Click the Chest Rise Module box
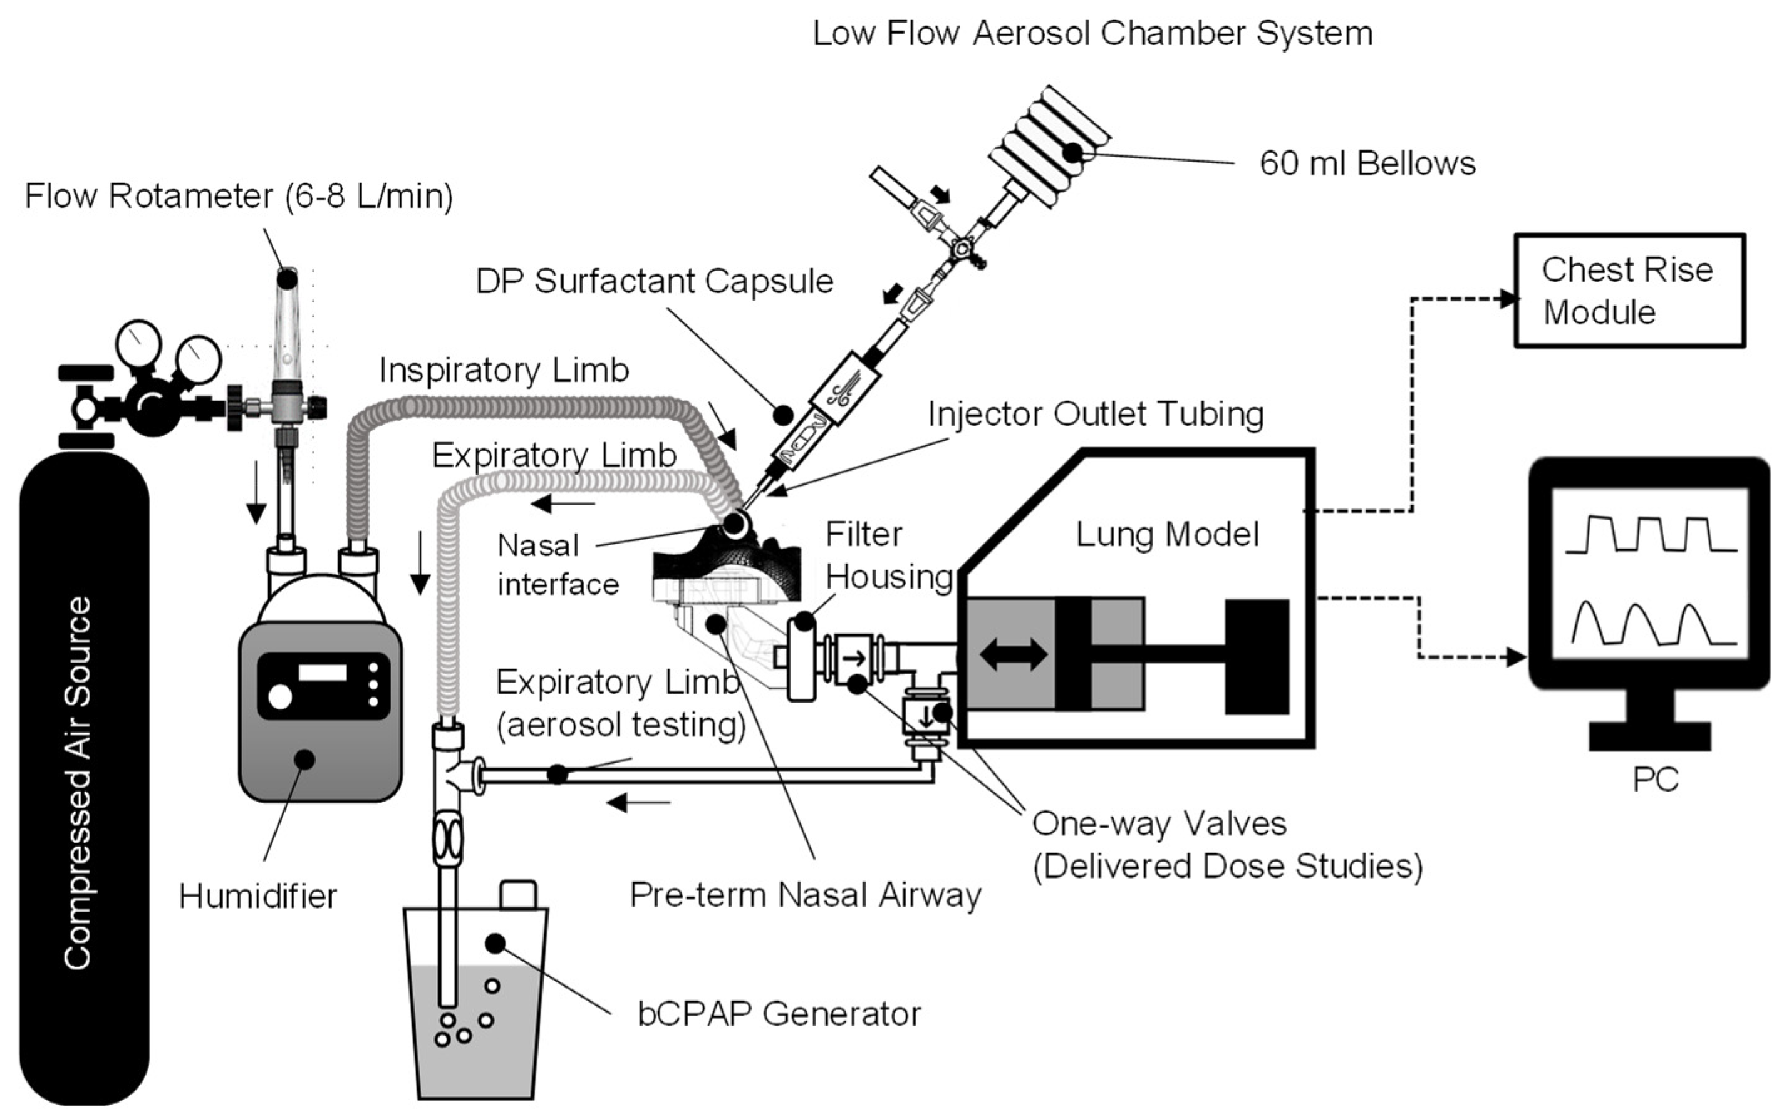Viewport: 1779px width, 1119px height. [1629, 291]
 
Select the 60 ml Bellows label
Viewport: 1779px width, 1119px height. [1367, 163]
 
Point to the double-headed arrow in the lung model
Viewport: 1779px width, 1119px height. [1013, 654]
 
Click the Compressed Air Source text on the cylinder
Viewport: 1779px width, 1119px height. [78, 783]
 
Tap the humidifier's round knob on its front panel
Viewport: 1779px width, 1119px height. [280, 696]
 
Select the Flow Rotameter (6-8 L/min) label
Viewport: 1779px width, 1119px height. [239, 197]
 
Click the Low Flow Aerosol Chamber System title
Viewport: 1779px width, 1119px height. [1092, 34]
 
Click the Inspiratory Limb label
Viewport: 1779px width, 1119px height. [504, 370]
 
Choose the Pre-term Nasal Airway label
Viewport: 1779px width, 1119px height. [806, 895]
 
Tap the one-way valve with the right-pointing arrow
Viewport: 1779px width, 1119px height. [855, 657]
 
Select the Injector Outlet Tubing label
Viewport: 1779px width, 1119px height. [1096, 415]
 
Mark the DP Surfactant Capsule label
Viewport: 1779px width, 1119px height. [654, 281]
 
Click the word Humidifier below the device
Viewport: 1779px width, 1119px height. [258, 896]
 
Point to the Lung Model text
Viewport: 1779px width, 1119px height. [1166, 534]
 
